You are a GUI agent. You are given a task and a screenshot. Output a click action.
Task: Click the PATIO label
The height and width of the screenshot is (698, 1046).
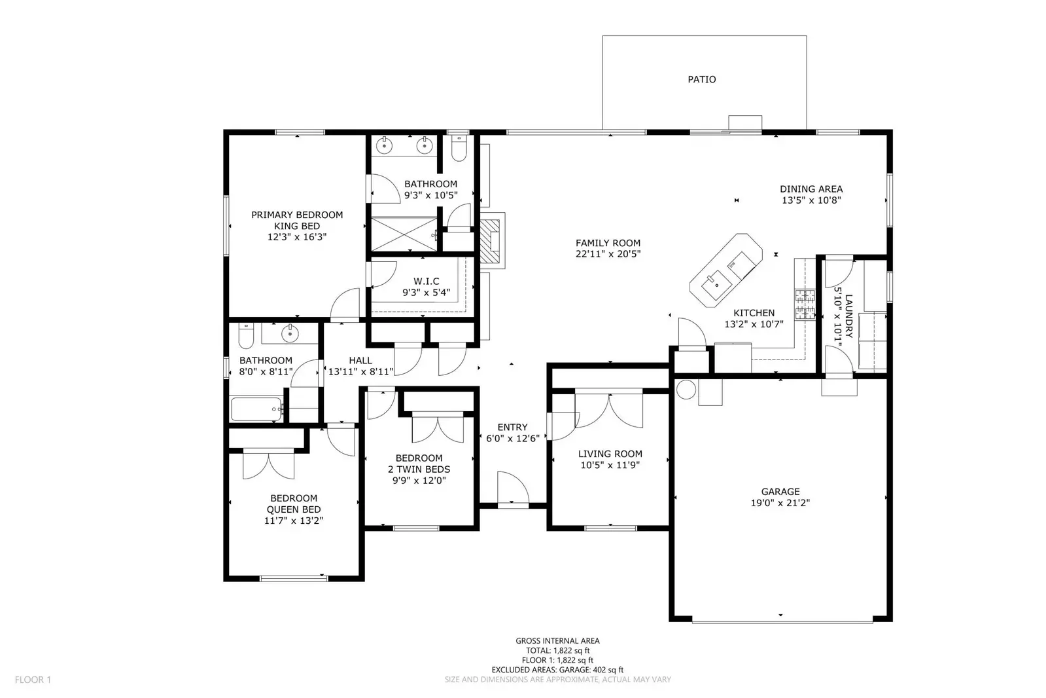coord(701,79)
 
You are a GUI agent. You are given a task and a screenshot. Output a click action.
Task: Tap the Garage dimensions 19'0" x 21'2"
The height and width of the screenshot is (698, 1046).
coord(780,503)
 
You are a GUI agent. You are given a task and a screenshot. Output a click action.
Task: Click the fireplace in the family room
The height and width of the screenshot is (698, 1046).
coord(492,240)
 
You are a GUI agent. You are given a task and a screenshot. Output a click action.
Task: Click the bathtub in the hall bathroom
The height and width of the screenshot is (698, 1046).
coord(256,410)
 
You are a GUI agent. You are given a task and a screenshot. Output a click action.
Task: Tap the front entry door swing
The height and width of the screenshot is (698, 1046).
coord(512,488)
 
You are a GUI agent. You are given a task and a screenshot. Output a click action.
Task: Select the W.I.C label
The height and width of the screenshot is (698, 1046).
coord(426,282)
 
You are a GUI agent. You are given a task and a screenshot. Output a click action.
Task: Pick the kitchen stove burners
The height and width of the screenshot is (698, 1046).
coord(805,304)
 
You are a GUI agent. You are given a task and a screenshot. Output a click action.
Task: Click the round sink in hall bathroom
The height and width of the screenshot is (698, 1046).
coord(289,334)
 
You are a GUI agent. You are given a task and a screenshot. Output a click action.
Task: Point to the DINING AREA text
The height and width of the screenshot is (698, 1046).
coord(811,189)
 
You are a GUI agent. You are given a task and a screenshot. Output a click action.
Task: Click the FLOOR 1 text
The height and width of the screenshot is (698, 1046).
coord(33,680)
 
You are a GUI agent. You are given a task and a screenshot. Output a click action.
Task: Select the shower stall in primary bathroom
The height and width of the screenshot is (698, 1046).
coord(406,233)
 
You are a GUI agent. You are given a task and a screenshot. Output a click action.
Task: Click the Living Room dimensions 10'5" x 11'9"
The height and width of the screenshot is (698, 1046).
coord(610,465)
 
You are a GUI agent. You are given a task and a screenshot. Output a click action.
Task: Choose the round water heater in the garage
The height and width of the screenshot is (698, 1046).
coord(686,390)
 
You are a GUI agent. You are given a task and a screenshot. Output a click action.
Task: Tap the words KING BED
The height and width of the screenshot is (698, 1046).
coord(296,226)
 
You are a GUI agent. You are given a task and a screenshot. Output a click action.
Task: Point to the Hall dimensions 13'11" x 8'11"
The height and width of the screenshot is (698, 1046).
coord(360,371)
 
